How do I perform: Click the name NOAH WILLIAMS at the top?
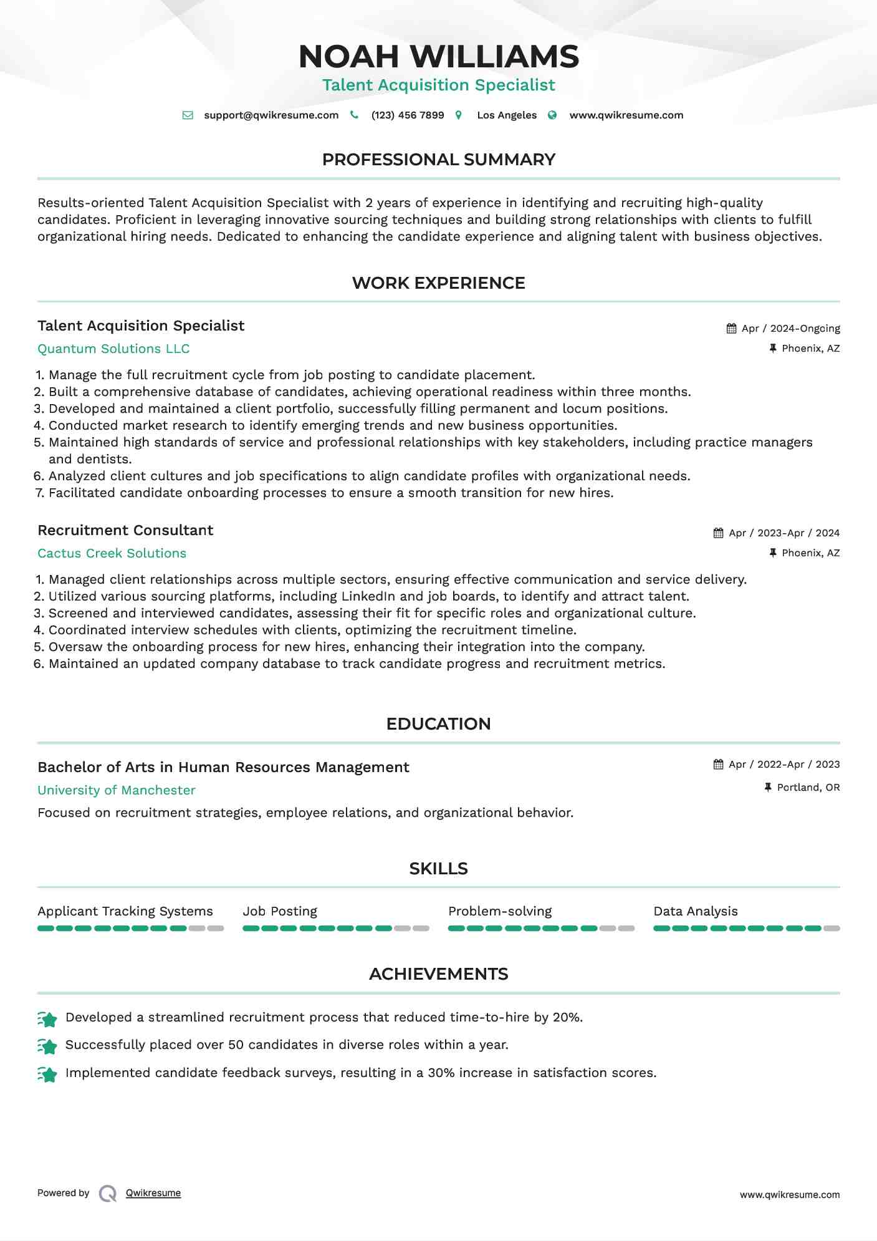click(438, 57)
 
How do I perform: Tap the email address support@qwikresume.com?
click(271, 115)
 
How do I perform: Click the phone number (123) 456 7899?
click(407, 115)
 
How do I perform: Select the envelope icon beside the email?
click(188, 115)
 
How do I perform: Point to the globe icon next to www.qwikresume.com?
click(552, 115)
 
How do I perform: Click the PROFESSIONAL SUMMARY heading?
click(438, 160)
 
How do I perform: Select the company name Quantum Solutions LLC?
click(113, 349)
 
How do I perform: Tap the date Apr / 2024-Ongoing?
click(790, 329)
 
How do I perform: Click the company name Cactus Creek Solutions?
click(112, 553)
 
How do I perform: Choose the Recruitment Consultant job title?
click(125, 530)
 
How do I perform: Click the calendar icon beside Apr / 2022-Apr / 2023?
click(718, 765)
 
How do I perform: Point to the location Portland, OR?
click(808, 788)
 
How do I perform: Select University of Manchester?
click(117, 790)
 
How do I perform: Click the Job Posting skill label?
click(280, 911)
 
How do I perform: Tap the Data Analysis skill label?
click(695, 911)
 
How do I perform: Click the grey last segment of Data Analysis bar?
click(831, 929)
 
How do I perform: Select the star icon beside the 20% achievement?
click(47, 1019)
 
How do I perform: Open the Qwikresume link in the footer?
click(153, 1193)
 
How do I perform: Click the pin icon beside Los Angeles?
click(459, 115)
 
